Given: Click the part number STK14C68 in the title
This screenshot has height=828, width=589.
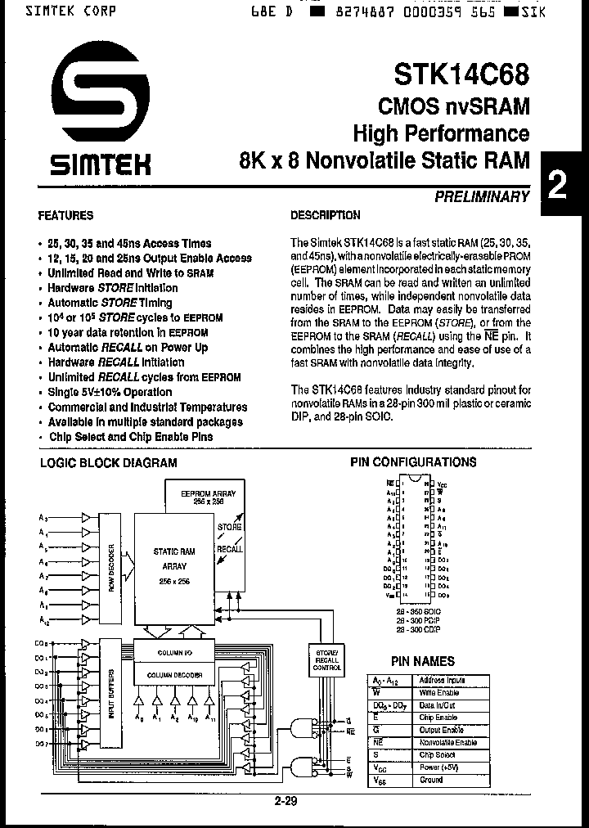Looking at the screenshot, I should tap(461, 74).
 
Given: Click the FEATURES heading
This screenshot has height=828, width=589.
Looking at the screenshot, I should tap(65, 216).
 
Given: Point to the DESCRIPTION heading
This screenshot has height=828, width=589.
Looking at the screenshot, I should tap(326, 216).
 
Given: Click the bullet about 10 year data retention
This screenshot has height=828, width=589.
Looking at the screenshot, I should tap(128, 333).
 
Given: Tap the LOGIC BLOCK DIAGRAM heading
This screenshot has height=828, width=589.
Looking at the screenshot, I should tap(109, 462).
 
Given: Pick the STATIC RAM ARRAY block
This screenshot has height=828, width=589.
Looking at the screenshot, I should tap(173, 565).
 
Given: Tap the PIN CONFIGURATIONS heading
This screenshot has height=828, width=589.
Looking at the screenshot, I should tap(413, 462).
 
